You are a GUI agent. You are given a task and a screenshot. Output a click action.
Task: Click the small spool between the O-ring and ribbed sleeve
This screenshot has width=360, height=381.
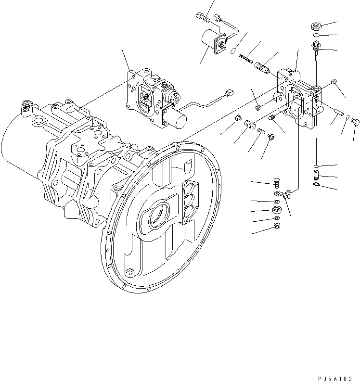tap(246, 58)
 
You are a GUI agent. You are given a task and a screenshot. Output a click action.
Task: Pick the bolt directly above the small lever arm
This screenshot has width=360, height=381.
tap(275, 182)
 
